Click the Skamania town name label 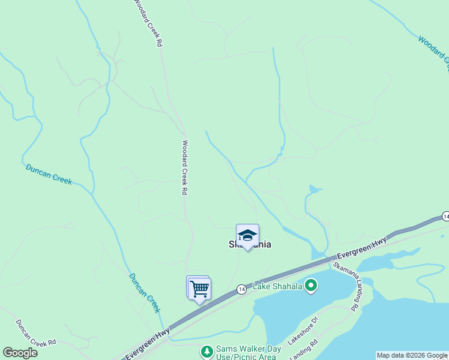[x=250, y=244]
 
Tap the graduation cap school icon [x=247, y=234]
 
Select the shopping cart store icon [x=199, y=288]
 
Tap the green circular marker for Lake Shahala [x=310, y=286]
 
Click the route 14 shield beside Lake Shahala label [x=240, y=289]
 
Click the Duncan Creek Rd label [x=35, y=332]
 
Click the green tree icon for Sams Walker [x=207, y=351]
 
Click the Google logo [x=20, y=352]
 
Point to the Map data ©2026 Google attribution [x=412, y=355]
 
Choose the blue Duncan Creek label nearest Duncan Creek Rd [x=145, y=293]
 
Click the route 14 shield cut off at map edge [x=445, y=216]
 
